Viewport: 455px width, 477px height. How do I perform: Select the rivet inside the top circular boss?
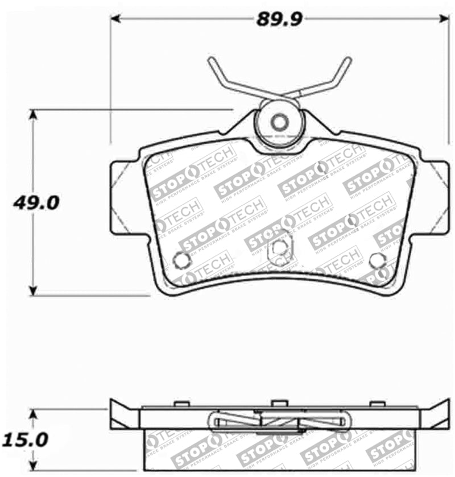point(279,122)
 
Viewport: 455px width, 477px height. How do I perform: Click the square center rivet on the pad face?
point(279,247)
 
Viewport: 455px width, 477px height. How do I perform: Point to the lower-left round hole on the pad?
point(181,260)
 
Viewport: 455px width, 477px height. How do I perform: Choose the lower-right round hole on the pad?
point(377,260)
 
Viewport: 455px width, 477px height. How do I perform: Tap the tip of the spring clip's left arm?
point(210,60)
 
